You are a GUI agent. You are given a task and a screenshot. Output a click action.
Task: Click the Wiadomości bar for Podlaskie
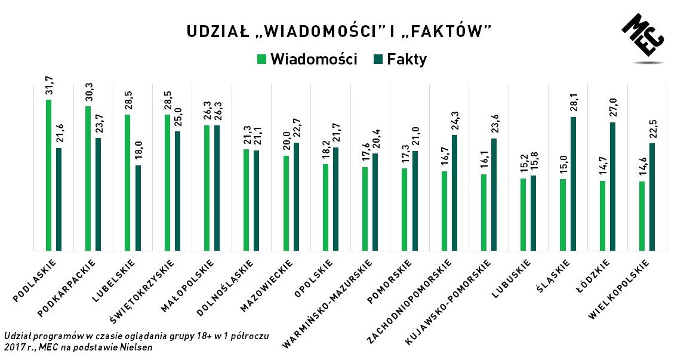[x=48, y=176]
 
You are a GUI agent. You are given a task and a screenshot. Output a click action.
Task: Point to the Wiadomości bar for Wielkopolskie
[x=642, y=216]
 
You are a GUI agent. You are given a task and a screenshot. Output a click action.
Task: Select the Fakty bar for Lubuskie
[x=534, y=213]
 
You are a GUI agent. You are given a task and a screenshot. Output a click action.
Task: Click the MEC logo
[x=643, y=37]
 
